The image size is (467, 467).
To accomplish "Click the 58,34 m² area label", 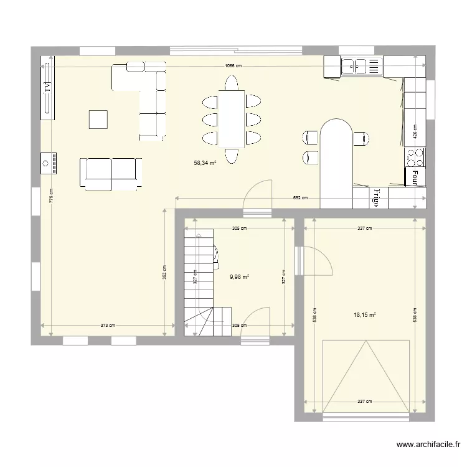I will (205, 163).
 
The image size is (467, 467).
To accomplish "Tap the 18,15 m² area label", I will (366, 315).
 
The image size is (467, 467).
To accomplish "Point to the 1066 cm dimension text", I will (234, 66).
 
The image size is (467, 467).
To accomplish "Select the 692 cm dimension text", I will (300, 198).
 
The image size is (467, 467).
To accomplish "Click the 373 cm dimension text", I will (108, 325).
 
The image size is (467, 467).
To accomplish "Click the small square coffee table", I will (98, 119).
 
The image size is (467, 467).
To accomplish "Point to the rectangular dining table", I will (232, 118).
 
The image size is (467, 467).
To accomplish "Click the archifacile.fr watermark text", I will (430, 445).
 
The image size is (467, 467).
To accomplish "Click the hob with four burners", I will (415, 156).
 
